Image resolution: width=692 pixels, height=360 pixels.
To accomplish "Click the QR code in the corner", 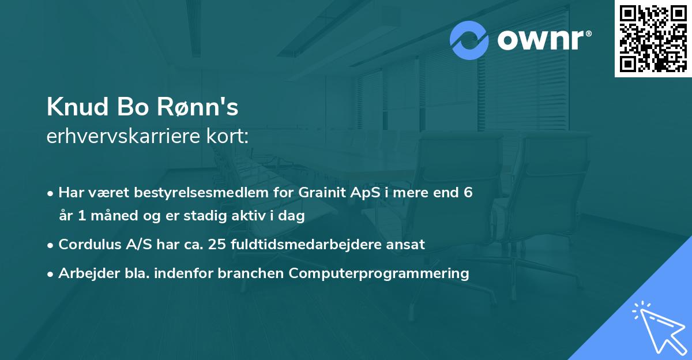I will click(653, 39).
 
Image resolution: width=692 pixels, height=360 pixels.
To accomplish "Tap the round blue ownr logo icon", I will click(469, 40).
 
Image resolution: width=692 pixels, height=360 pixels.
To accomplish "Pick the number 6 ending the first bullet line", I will click(468, 192).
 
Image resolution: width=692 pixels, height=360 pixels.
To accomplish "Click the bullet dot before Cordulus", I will click(51, 245).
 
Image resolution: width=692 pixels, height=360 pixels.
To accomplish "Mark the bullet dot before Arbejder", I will click(51, 273).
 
